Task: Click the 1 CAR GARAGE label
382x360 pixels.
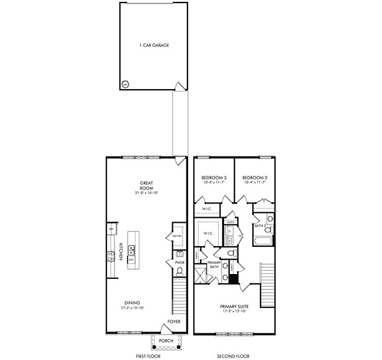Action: (x=154, y=45)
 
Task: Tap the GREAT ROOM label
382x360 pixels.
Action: (x=147, y=186)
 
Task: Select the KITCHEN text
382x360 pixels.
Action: (x=120, y=252)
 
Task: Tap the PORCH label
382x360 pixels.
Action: (x=165, y=341)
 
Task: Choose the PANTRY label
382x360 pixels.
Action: (x=177, y=236)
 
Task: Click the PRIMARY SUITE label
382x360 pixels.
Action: (x=233, y=306)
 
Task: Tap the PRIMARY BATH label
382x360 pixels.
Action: (x=214, y=265)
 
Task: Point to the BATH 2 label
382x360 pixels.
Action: (x=260, y=226)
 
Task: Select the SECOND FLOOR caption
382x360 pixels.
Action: (x=233, y=356)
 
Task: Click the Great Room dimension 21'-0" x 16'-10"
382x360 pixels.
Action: (x=147, y=194)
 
